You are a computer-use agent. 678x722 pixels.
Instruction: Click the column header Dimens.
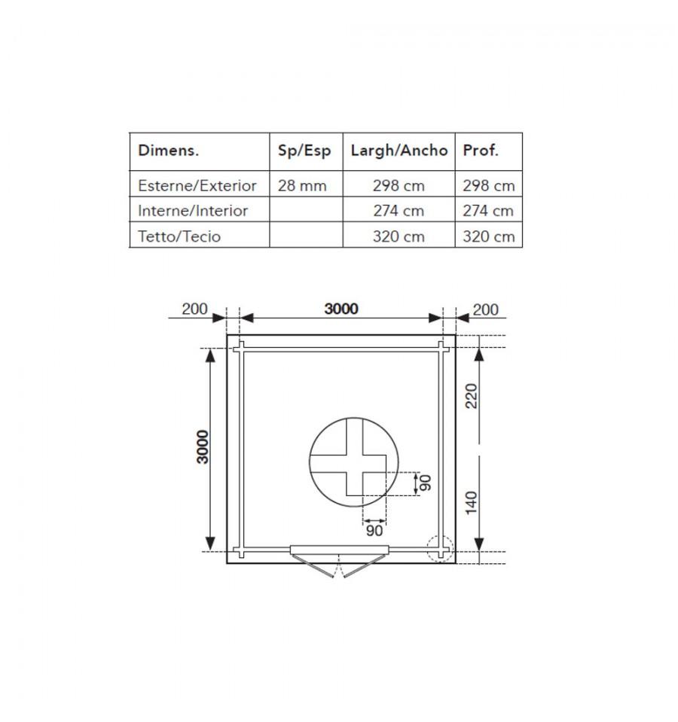click(x=168, y=151)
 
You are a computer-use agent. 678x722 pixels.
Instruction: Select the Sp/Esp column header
click(x=304, y=151)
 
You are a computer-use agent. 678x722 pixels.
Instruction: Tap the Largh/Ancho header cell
click(x=399, y=151)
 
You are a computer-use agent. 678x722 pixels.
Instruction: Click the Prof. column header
click(x=481, y=150)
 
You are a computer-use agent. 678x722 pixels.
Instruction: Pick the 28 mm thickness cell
click(x=302, y=185)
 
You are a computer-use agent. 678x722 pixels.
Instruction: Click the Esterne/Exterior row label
click(x=197, y=185)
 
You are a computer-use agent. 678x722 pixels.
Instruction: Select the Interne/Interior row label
click(x=193, y=211)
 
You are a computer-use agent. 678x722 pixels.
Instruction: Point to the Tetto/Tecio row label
click(x=179, y=236)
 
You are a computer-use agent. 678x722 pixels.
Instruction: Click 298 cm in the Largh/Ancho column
click(x=399, y=185)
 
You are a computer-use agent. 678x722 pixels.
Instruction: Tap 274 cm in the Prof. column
click(x=488, y=211)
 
